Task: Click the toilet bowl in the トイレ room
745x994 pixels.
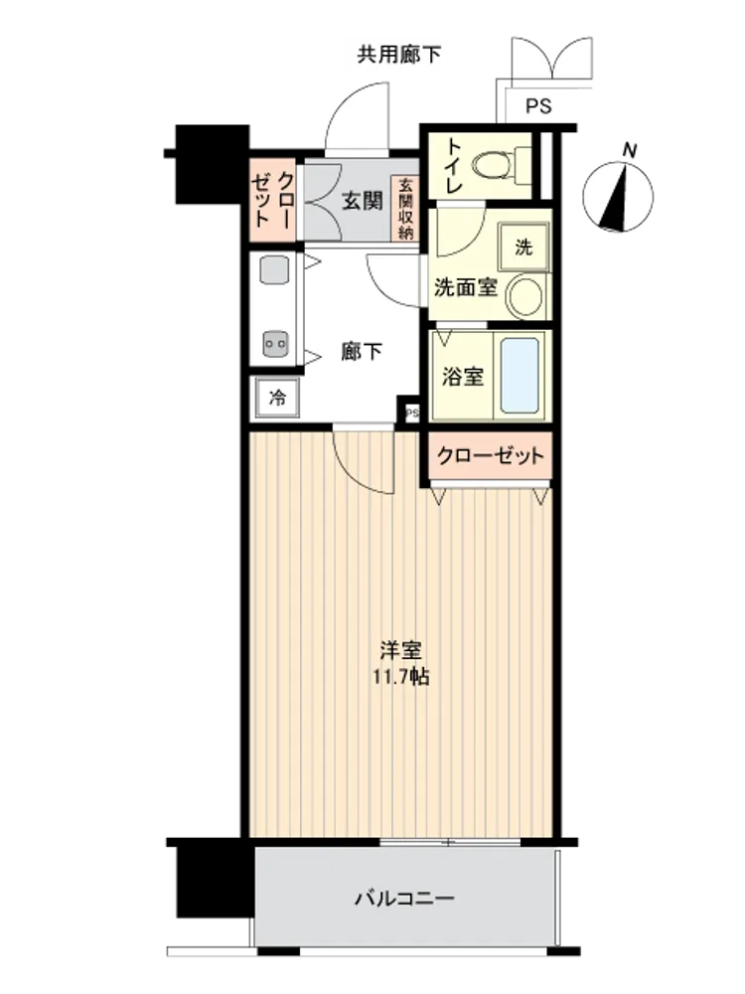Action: coord(493,165)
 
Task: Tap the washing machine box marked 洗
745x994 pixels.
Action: coord(523,247)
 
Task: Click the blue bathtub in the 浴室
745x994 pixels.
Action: coord(521,376)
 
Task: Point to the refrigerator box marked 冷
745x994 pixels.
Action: coord(277,398)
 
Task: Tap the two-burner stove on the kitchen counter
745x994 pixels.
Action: coord(275,345)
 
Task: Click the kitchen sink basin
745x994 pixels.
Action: coord(275,270)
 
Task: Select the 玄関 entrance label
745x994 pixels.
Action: coord(363,201)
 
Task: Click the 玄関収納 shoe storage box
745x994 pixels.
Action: coord(405,209)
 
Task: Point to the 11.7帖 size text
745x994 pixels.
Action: coord(401,677)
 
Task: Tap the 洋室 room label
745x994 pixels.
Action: coord(401,650)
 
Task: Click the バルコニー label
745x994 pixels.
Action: coord(403,899)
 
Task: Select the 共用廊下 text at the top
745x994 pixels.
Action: coord(399,55)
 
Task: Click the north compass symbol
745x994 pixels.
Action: coord(618,197)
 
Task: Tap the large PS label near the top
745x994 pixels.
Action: coord(538,106)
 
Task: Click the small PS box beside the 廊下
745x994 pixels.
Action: coord(412,414)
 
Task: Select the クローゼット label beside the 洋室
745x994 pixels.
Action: coord(490,456)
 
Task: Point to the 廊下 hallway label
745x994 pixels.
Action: coord(362,351)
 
